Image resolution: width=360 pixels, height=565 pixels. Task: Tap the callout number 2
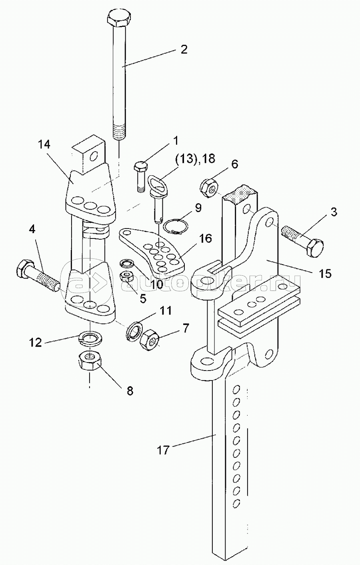tap(184, 49)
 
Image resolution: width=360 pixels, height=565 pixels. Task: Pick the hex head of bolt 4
tap(25, 268)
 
